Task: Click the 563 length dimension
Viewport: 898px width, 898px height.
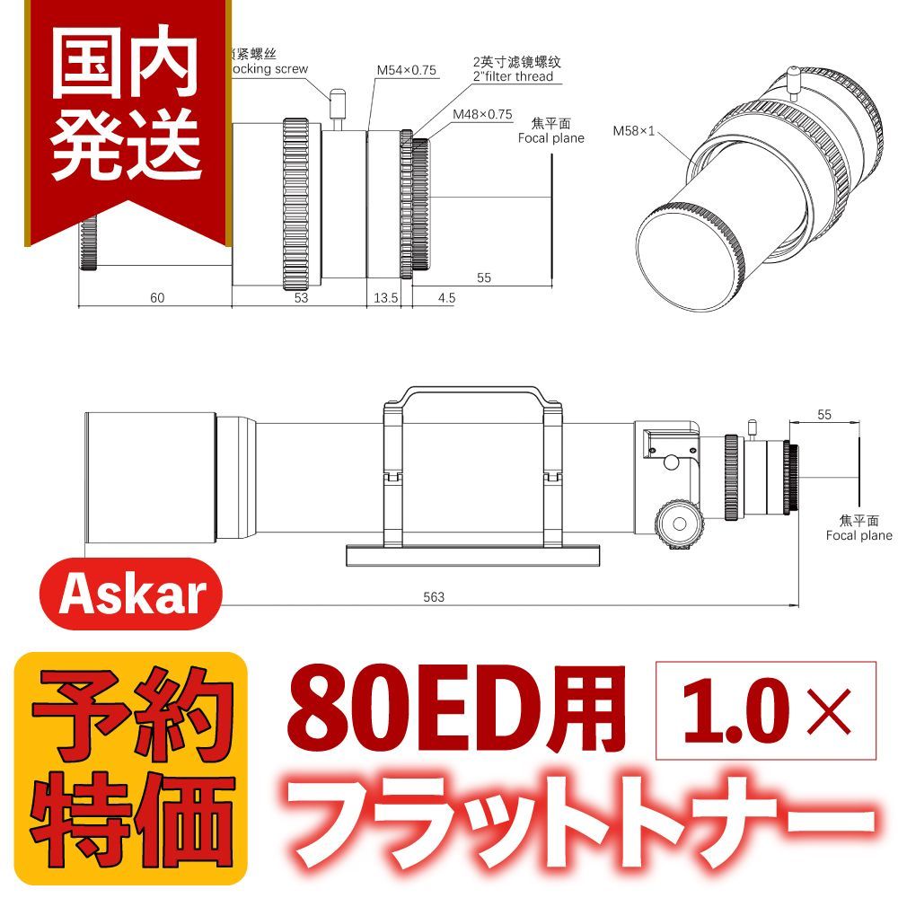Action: tap(435, 597)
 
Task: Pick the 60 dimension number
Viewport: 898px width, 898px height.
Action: tap(157, 297)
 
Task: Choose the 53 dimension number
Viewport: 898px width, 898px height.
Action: tap(301, 297)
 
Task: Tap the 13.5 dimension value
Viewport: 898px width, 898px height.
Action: tap(386, 297)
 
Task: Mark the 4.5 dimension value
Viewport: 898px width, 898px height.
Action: tap(446, 297)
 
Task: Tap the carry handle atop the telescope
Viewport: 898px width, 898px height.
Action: tap(473, 395)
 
